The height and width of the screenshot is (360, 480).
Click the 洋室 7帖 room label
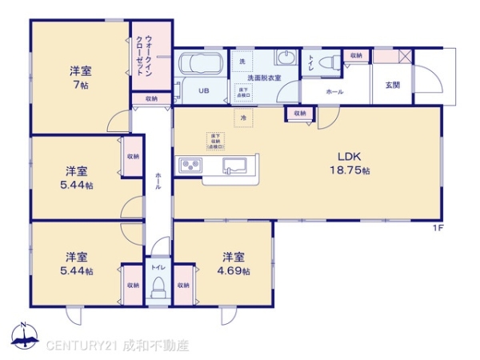tap(79, 77)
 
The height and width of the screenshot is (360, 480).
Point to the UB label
tap(204, 90)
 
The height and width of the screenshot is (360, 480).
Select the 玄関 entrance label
tap(392, 85)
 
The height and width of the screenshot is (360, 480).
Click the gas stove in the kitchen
tap(192, 166)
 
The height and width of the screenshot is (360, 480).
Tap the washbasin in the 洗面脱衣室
tap(284, 58)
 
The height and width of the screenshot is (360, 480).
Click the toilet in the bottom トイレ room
tap(158, 286)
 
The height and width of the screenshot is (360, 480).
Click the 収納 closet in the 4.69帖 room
tap(183, 285)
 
